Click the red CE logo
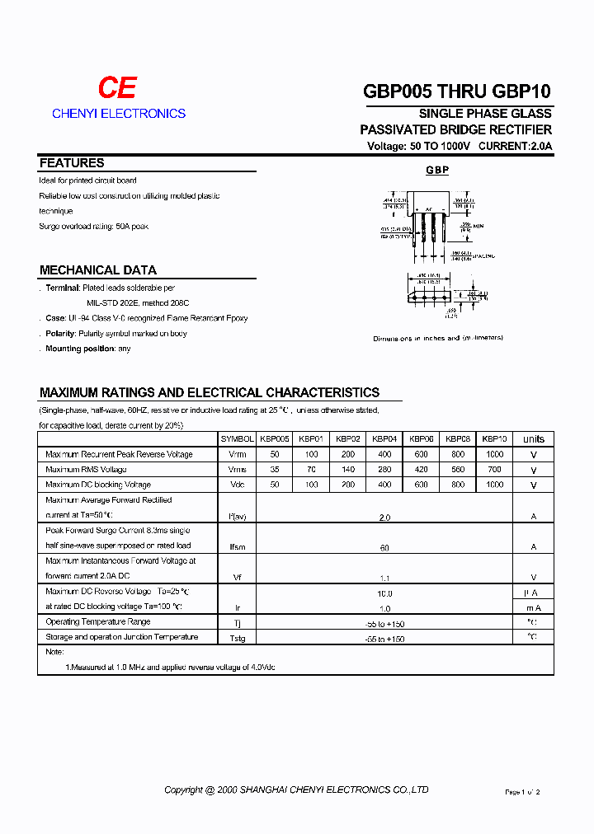point(117,88)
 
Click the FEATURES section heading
point(72,163)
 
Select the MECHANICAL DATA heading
point(97,270)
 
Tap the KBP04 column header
point(384,439)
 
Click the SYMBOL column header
point(238,439)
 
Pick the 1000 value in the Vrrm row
point(494,454)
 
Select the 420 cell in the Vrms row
point(421,470)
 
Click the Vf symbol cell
point(237,578)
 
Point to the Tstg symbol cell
point(237,639)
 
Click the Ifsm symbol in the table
point(237,547)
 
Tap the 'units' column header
point(534,439)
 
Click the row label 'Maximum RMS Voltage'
point(86,470)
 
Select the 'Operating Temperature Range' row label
point(98,622)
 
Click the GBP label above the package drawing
point(437,170)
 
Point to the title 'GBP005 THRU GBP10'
point(457,91)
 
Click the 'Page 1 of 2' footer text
point(522,792)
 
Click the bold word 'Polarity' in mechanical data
point(60,334)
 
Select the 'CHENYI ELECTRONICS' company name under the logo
point(119,114)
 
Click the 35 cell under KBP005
point(275,470)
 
